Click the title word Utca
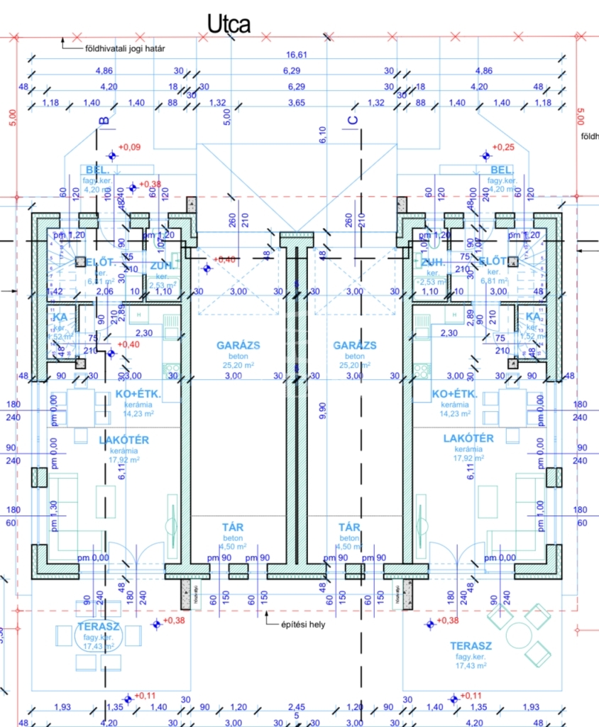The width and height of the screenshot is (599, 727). [228, 24]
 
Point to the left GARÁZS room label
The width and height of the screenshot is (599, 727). [238, 346]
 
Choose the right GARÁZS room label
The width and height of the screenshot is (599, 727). [355, 346]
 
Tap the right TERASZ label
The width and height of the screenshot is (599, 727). [471, 646]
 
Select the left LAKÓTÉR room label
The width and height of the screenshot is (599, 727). [124, 440]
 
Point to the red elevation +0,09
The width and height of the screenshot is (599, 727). [129, 147]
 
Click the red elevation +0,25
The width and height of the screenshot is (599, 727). [502, 147]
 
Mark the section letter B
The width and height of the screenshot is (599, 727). [104, 121]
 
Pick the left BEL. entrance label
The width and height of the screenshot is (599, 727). [97, 170]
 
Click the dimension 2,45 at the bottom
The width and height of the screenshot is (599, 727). [297, 707]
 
